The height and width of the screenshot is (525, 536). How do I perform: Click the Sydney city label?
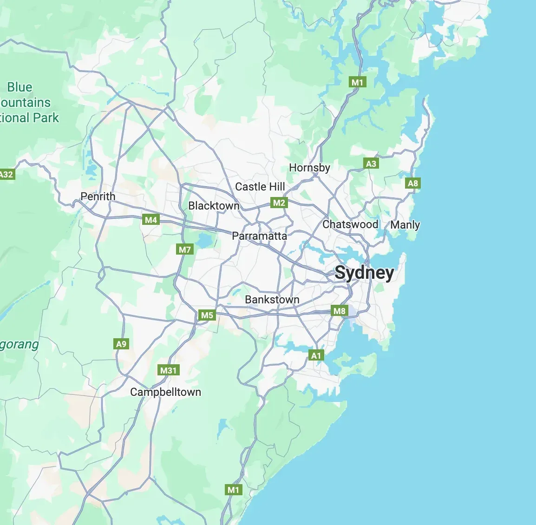[364, 273]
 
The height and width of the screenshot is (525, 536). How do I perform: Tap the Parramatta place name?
[259, 236]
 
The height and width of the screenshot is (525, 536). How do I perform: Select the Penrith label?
[98, 197]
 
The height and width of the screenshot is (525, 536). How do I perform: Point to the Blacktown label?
[214, 206]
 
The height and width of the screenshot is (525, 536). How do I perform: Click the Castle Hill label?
[260, 187]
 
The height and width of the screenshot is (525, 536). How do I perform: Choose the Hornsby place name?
[309, 168]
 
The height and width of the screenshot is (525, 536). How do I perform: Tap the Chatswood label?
[350, 224]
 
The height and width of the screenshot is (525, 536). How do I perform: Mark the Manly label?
[405, 225]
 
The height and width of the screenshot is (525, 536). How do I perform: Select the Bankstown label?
[272, 300]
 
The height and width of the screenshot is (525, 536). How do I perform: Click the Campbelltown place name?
[165, 392]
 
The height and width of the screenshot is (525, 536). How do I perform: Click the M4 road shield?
[151, 220]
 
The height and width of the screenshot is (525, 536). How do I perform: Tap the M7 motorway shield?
[185, 249]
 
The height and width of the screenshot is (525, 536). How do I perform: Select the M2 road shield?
[279, 203]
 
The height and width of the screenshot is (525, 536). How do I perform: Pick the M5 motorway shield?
[207, 315]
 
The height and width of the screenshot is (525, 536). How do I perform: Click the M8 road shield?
[340, 311]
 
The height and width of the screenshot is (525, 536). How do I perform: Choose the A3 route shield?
[371, 164]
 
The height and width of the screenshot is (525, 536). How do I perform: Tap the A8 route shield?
[412, 183]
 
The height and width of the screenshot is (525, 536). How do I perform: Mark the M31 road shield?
[169, 370]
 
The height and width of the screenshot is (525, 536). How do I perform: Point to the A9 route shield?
[121, 344]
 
